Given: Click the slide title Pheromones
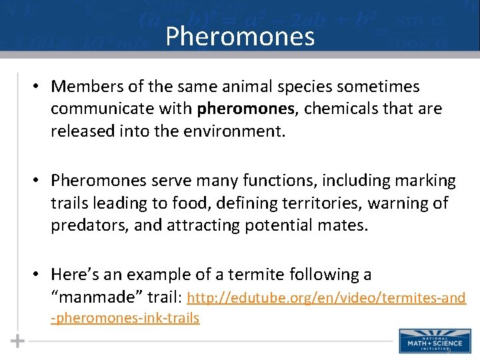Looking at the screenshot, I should tap(240, 36).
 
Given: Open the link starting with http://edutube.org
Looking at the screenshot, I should tap(327, 297).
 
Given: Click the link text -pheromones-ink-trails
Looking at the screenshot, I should tap(125, 318).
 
